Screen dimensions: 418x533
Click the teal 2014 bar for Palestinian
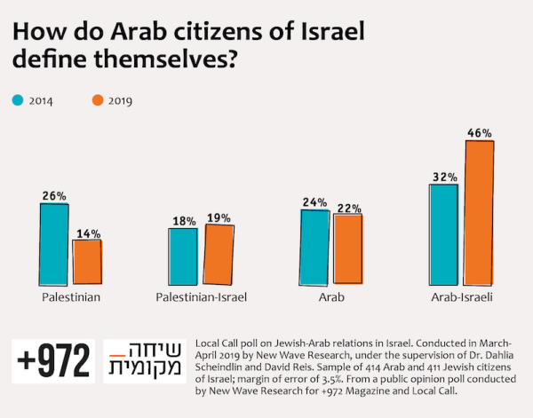coord(53,242)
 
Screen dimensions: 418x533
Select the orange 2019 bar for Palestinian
coord(87,260)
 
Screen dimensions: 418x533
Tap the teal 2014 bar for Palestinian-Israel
coord(183,255)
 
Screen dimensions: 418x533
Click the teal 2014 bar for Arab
coord(314,245)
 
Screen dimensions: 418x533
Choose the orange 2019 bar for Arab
coord(347,248)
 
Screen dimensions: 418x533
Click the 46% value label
coord(479,132)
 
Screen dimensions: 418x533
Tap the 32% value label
coord(443,176)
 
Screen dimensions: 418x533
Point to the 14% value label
coord(87,232)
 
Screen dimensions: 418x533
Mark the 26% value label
coord(53,194)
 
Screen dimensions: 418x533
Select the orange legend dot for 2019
coord(97,100)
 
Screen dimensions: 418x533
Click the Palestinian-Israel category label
coord(201,296)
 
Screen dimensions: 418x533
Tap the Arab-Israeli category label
coord(462,296)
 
